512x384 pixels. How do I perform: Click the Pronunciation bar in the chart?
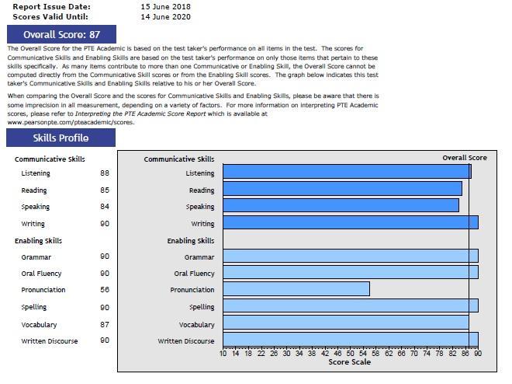click(x=296, y=289)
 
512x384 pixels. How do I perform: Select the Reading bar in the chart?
click(x=342, y=189)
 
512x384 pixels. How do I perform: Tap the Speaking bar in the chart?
click(x=341, y=206)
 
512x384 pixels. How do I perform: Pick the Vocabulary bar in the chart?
click(x=346, y=323)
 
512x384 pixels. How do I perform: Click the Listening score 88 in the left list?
click(x=105, y=173)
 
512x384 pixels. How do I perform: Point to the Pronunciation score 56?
click(x=105, y=290)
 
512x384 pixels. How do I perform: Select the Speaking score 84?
click(x=105, y=207)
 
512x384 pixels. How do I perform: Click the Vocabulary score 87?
click(x=105, y=324)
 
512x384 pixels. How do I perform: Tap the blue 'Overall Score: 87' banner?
click(x=61, y=34)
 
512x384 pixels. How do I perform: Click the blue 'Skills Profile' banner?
click(x=61, y=138)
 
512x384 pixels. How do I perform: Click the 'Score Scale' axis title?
click(x=349, y=362)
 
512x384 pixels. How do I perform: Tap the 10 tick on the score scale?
click(x=223, y=354)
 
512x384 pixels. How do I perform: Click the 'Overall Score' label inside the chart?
click(x=465, y=158)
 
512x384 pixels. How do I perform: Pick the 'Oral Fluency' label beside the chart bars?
click(x=194, y=274)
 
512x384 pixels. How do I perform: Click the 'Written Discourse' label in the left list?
click(x=50, y=340)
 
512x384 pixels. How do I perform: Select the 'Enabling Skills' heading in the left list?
click(x=38, y=241)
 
